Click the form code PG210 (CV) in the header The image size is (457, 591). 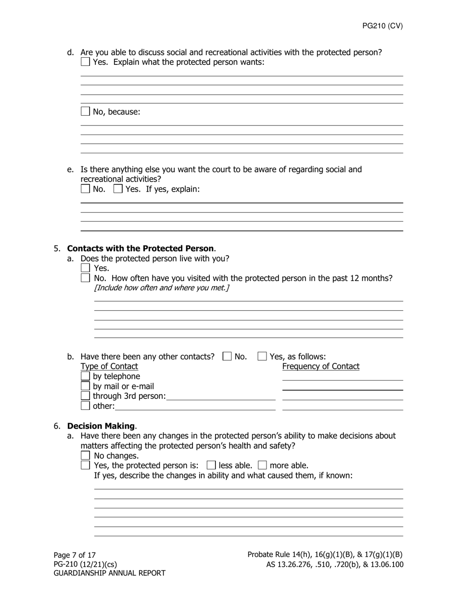(x=382, y=26)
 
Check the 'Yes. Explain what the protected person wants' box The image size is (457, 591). (x=85, y=62)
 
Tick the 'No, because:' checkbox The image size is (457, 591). (x=85, y=111)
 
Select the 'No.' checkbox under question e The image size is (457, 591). (x=85, y=189)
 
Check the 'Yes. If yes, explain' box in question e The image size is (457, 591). (x=118, y=189)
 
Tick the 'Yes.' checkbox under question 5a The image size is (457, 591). (x=85, y=268)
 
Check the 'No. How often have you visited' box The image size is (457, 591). (x=85, y=278)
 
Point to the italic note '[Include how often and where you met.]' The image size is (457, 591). (x=162, y=288)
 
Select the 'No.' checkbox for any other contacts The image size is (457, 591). (x=227, y=357)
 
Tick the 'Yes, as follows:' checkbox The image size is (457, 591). (x=262, y=357)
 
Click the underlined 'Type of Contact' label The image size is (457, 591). (x=109, y=367)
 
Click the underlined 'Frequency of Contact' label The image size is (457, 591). (x=320, y=367)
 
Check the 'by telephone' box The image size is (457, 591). (x=85, y=376)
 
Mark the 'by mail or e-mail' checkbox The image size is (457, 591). (x=85, y=386)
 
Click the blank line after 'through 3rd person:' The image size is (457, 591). (x=221, y=396)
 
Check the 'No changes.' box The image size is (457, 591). (x=85, y=456)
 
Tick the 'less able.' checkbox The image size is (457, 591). (x=211, y=465)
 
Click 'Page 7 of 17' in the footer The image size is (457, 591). (x=75, y=555)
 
